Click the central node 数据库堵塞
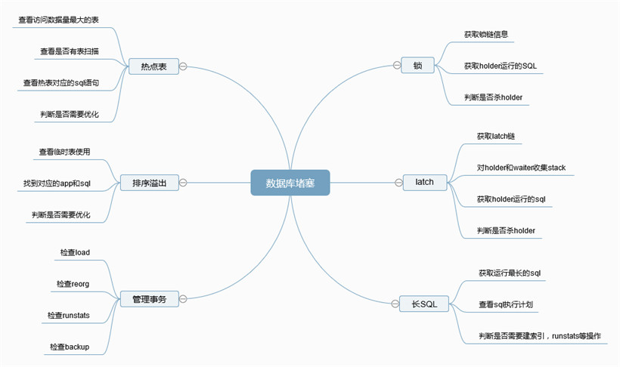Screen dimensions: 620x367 290,183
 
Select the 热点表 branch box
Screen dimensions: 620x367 153,66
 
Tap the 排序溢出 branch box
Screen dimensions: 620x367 150,183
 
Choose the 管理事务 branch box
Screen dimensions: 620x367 150,299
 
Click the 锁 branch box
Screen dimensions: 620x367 417,65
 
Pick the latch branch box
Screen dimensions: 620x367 425,182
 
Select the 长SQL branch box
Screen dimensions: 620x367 424,304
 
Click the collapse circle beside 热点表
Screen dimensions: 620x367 183,66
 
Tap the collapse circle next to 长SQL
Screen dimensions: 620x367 395,304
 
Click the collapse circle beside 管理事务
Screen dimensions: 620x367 183,299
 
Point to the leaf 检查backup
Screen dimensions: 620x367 70,347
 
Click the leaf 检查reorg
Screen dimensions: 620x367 73,284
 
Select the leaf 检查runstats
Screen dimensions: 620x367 68,315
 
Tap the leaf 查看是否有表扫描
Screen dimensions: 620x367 70,51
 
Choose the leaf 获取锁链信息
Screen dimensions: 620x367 486,35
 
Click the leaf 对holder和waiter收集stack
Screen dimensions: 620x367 521,168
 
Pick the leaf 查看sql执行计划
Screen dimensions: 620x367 506,304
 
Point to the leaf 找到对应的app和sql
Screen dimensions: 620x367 57,183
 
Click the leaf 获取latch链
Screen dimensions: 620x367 496,136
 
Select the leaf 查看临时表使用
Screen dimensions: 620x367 64,152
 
